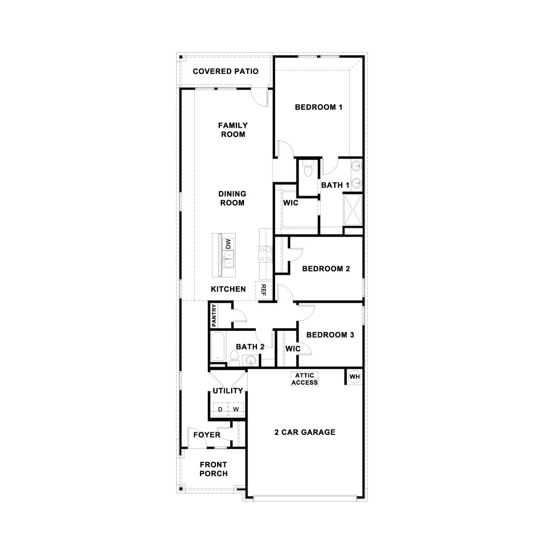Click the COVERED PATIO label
coord(225,71)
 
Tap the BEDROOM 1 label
coord(319,108)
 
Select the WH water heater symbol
coord(354,376)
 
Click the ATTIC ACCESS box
coord(304,379)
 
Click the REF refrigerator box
coord(263,290)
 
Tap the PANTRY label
coord(214,315)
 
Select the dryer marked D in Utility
coord(220,410)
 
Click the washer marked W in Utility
coord(236,410)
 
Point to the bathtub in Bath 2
coord(218,347)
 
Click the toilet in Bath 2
coord(234,357)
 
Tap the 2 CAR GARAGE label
coord(305,432)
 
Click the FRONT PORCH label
coord(213,469)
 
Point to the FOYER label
coord(207,435)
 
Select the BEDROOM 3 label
coord(330,335)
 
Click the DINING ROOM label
coord(232,198)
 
